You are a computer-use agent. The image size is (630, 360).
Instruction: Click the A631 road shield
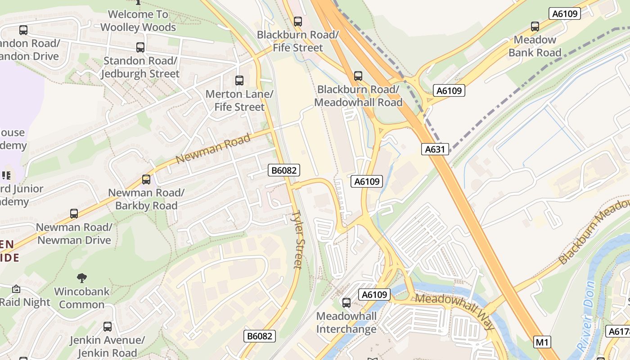[435, 149]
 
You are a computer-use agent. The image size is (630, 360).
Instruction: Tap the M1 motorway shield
[542, 342]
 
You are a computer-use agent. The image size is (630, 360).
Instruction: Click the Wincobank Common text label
[81, 298]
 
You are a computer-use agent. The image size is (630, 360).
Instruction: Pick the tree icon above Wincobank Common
[81, 278]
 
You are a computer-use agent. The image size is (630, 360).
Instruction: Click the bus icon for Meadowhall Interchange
[346, 303]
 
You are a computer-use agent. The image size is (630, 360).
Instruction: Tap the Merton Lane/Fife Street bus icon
[239, 81]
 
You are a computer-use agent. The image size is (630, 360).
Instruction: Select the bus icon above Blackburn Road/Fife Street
[297, 21]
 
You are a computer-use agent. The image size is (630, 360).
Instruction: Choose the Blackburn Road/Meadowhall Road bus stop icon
[358, 76]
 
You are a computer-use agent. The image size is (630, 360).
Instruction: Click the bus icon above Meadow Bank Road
[535, 27]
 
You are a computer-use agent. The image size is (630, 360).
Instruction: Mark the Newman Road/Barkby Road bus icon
[146, 180]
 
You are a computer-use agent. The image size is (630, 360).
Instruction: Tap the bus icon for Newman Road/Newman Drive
[74, 214]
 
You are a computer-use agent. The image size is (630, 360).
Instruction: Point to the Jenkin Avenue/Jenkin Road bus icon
[107, 327]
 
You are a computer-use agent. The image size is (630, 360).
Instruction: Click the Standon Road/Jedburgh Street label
[140, 67]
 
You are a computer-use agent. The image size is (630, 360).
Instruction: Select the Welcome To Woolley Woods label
[138, 21]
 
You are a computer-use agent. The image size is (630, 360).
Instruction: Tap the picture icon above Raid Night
[16, 289]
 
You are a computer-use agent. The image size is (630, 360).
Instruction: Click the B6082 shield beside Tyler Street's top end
[284, 170]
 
